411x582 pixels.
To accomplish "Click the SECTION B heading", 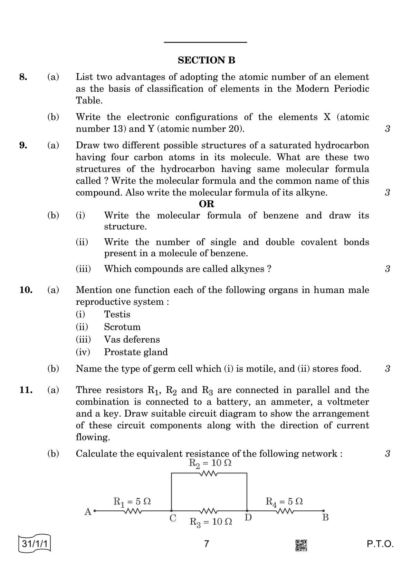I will click(206, 61).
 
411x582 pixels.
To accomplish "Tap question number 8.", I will click(23, 77).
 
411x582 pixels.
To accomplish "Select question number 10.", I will click(26, 290).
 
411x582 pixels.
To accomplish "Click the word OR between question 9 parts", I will click(207, 204).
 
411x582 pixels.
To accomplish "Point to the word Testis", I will click(117, 314).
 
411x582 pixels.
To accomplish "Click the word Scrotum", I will click(122, 327).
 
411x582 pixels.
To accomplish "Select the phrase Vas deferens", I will click(132, 340).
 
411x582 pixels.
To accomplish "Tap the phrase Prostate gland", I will click(136, 352).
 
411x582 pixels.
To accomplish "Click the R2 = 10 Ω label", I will click(210, 463).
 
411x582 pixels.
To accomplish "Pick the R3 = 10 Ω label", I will click(211, 522).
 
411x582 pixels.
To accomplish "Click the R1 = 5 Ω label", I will click(132, 501).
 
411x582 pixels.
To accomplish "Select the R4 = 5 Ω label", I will click(284, 501).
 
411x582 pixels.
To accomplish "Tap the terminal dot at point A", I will click(94, 510).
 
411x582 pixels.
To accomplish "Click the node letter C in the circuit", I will click(173, 518).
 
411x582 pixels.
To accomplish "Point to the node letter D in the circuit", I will click(248, 518).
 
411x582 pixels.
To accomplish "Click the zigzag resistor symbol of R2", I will click(208, 474).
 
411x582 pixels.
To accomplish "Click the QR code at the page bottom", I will click(301, 545).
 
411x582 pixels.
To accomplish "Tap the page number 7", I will click(207, 544).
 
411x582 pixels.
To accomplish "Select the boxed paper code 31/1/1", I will click(35, 544).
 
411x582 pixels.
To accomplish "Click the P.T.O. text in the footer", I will click(380, 544).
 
